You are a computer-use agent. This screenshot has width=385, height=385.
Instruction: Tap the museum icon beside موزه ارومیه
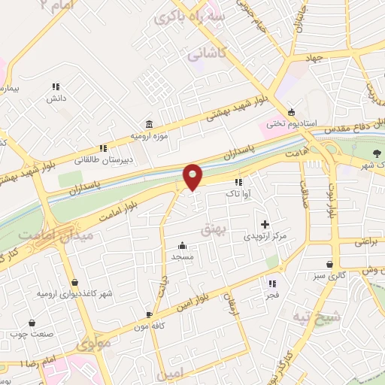click(149, 124)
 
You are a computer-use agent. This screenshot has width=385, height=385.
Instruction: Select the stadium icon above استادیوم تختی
click(291, 111)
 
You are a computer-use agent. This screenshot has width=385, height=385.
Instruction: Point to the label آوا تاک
click(238, 193)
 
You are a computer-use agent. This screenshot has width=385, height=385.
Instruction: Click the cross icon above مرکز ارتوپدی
click(265, 224)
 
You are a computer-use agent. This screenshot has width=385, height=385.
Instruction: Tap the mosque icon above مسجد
click(182, 245)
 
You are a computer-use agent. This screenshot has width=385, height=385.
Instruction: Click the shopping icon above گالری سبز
click(330, 264)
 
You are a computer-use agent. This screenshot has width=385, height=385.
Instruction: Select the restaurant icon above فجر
click(272, 283)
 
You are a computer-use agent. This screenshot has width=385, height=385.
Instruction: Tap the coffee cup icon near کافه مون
click(149, 314)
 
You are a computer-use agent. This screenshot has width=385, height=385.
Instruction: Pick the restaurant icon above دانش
click(55, 87)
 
